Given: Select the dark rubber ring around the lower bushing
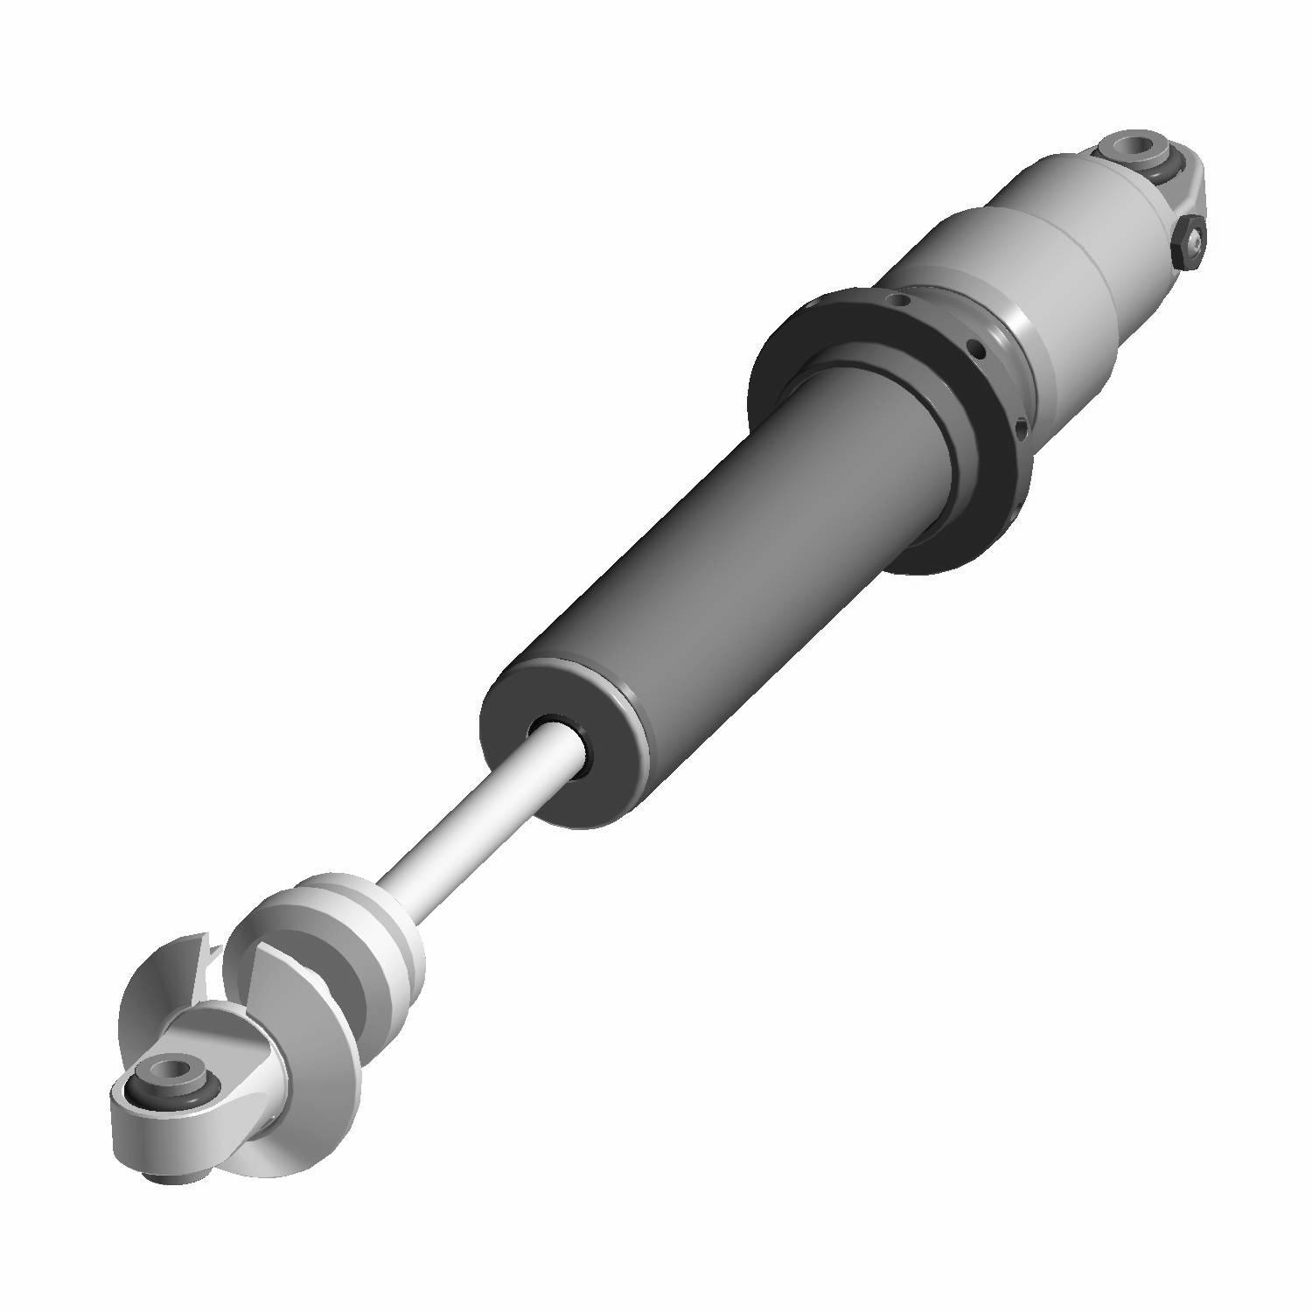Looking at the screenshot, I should (x=140, y=1085).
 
